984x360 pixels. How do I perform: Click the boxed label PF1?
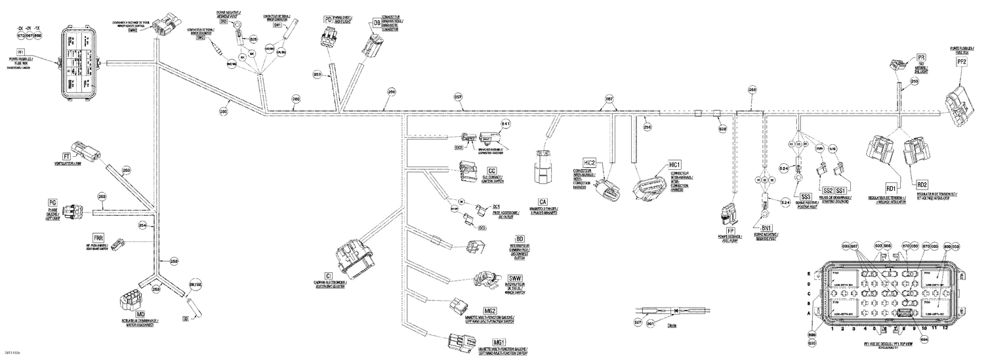tap(21, 51)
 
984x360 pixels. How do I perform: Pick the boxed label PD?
tap(328, 20)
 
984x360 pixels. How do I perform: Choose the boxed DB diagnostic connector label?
tap(377, 23)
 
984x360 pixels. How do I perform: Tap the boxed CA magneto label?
tap(543, 202)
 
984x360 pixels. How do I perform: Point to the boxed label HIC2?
tap(589, 163)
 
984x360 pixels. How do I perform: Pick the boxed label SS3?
tap(806, 195)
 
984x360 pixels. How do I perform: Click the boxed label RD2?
tap(922, 185)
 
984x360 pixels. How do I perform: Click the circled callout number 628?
tap(723, 130)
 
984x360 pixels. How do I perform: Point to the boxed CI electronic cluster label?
tap(327, 275)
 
